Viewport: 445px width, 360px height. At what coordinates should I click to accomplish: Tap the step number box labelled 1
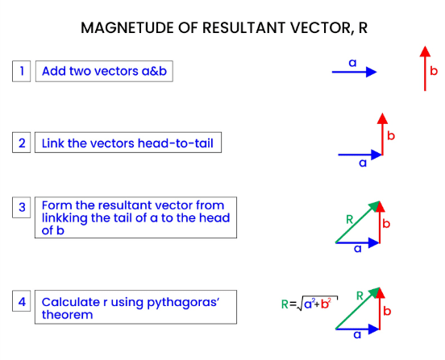click(21, 71)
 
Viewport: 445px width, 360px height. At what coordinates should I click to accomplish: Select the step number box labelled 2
click(21, 143)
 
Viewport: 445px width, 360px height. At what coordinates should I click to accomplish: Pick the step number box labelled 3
click(21, 207)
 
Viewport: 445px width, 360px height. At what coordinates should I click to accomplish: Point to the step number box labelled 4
click(21, 301)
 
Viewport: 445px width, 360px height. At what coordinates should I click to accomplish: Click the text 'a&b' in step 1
click(154, 71)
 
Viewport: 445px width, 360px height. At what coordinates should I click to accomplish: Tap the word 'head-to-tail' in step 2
click(176, 143)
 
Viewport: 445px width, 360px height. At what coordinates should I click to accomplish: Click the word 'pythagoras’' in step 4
click(183, 303)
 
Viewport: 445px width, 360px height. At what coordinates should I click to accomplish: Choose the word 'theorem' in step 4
click(67, 315)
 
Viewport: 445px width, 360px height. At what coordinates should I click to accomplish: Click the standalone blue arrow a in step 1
click(355, 72)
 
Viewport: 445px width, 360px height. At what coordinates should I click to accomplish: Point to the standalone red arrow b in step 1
click(425, 68)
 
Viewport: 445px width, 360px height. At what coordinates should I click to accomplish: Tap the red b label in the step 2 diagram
click(391, 136)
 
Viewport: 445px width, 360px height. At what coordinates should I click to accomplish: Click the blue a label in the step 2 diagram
click(363, 163)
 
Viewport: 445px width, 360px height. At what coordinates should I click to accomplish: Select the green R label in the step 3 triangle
click(349, 219)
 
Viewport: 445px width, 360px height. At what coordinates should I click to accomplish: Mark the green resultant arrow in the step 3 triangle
click(358, 222)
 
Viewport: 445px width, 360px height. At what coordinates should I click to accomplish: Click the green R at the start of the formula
click(285, 304)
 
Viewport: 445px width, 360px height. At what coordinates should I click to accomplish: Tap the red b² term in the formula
click(326, 304)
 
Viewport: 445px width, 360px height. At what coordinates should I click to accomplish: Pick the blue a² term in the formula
click(309, 304)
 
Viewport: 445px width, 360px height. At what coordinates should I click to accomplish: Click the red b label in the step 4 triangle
click(387, 311)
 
